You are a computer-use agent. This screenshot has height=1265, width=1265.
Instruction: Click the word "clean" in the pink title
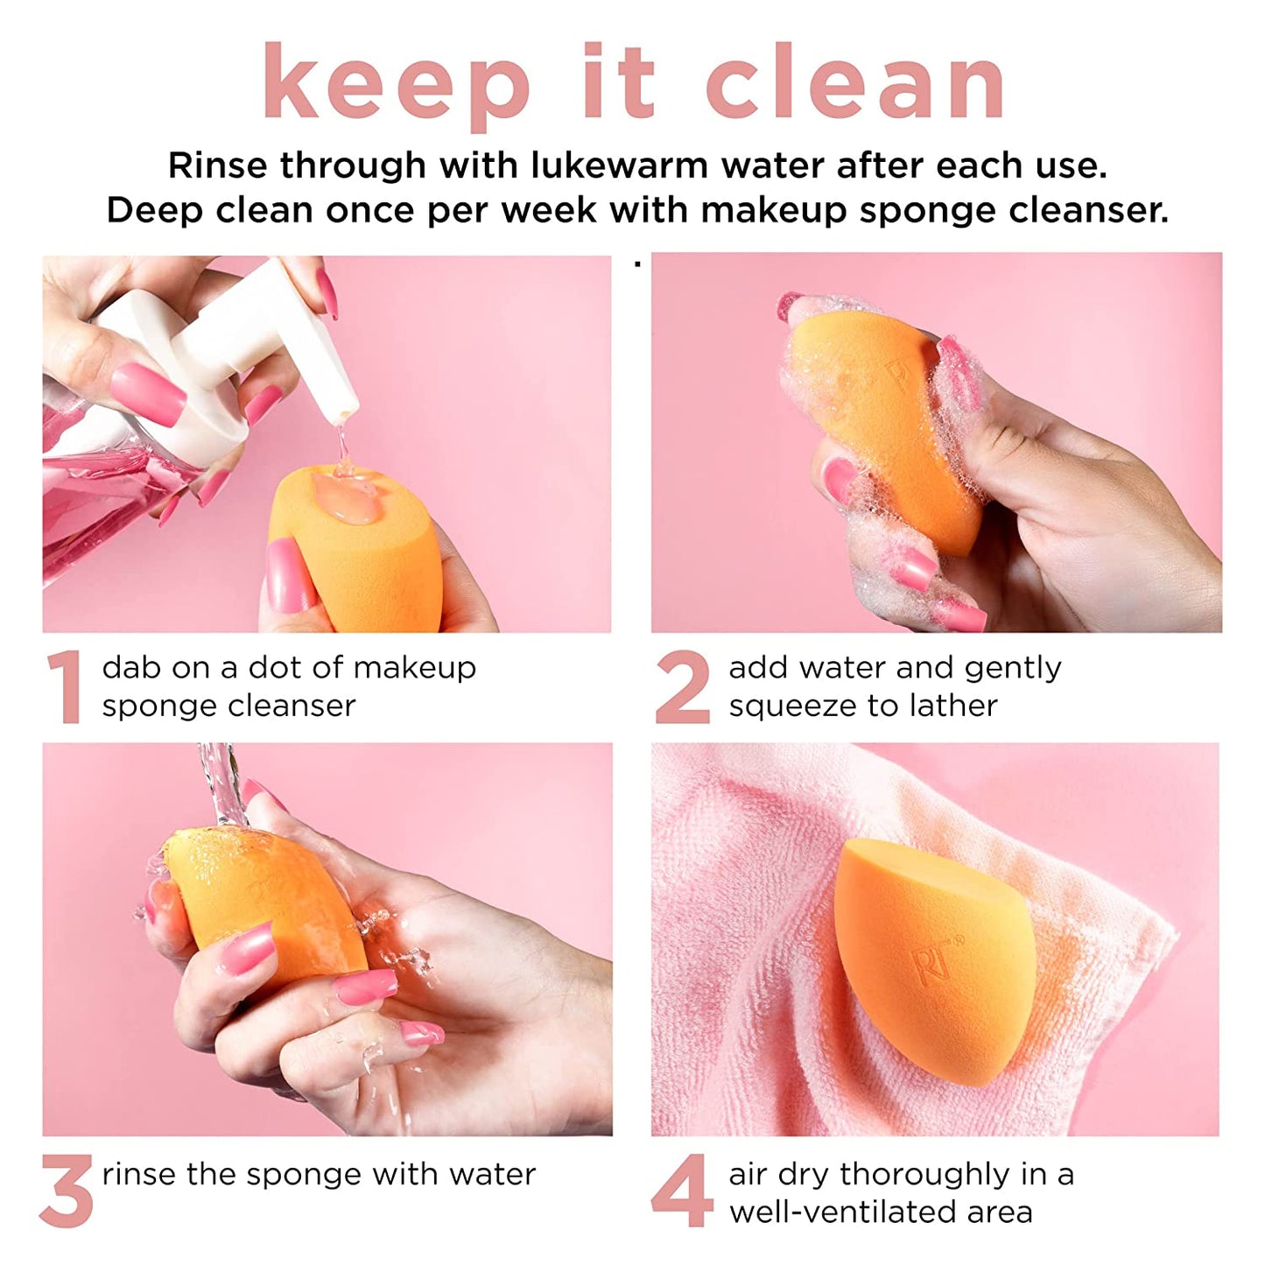tap(855, 83)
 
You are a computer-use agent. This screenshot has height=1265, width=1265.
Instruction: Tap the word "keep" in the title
tap(397, 83)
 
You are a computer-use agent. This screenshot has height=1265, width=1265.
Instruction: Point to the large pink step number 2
tap(682, 687)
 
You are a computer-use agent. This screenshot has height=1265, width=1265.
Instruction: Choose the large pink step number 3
tap(67, 1191)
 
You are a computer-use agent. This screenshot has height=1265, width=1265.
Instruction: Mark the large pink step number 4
tap(682, 1191)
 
